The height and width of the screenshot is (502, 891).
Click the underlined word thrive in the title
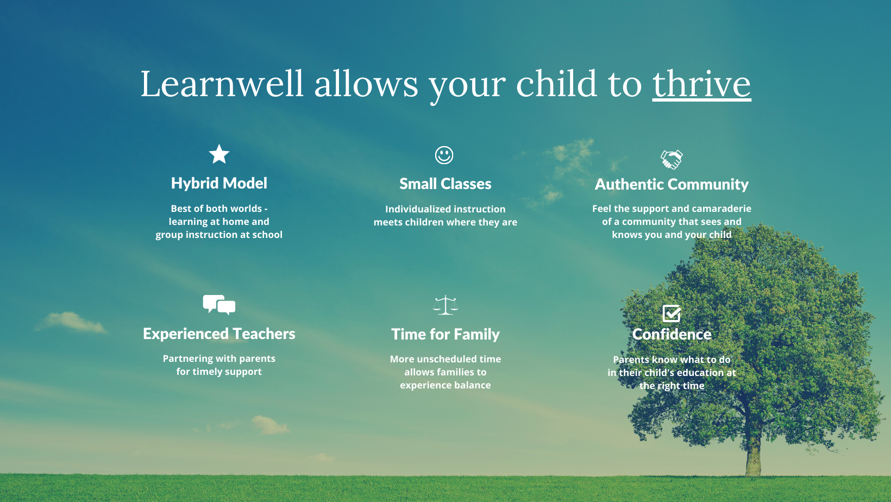click(702, 84)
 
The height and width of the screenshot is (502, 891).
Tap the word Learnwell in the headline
click(222, 84)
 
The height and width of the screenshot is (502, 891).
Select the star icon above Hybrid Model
click(219, 154)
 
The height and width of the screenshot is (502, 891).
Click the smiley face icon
click(444, 155)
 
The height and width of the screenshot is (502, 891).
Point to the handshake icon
click(672, 160)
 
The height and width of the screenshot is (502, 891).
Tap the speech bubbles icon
click(219, 305)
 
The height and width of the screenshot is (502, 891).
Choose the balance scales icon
click(446, 305)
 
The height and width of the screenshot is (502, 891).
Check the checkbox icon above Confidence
click(672, 313)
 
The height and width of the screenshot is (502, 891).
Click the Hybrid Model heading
click(219, 184)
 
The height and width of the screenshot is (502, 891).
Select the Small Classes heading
click(446, 184)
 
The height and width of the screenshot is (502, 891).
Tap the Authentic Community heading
click(672, 184)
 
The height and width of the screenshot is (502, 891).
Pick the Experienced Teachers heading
click(219, 334)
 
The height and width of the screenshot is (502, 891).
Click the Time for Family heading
click(446, 334)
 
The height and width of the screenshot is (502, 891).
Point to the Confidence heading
click(672, 334)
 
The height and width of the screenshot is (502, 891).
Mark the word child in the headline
click(556, 84)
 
